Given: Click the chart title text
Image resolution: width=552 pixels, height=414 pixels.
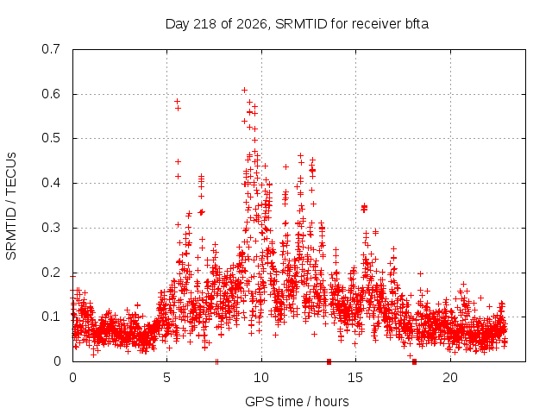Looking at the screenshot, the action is click(297, 24).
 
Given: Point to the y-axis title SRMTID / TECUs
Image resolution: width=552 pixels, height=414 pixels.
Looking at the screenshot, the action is click(11, 206).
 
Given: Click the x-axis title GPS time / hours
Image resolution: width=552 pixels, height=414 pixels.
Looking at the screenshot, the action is click(297, 401).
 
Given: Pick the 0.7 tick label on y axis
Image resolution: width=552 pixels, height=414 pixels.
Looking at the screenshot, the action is click(51, 49).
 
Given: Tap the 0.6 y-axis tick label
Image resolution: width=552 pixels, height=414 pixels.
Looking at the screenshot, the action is click(51, 94).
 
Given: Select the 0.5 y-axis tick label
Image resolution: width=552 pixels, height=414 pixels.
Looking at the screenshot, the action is click(51, 138).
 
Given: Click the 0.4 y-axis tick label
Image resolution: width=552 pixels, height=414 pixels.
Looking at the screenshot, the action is click(51, 183).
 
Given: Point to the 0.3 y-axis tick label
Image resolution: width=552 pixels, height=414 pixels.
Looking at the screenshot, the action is click(51, 228).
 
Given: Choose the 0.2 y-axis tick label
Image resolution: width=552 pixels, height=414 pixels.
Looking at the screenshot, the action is click(51, 273).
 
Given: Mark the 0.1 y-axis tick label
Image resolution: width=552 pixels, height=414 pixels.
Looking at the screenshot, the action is click(51, 317).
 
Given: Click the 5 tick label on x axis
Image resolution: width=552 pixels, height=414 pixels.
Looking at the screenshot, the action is click(166, 378).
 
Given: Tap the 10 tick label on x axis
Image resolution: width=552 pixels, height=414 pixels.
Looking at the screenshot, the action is click(261, 378).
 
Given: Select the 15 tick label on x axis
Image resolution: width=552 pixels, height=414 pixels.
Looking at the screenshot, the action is click(355, 378).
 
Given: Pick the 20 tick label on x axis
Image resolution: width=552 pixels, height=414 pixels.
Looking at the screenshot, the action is click(450, 378).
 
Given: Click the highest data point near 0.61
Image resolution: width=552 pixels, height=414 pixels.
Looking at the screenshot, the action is click(244, 90).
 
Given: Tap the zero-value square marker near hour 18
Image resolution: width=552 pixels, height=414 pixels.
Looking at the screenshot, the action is click(414, 361).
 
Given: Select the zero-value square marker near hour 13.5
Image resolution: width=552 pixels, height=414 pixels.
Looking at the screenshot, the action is click(329, 361).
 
